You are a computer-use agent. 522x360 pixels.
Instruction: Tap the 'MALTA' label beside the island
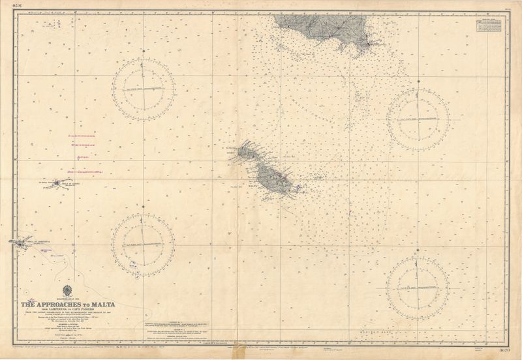(254, 186)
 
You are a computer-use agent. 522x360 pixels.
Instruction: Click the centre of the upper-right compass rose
(418, 119)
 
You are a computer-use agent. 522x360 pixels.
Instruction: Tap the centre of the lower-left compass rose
(143, 245)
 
